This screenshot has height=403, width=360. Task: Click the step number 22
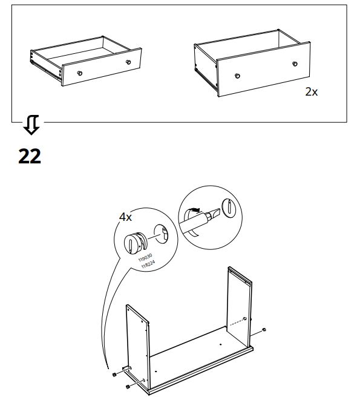(30, 156)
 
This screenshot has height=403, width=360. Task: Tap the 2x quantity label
(311, 92)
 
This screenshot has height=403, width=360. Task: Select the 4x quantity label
(125, 217)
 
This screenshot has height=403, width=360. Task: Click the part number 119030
(145, 257)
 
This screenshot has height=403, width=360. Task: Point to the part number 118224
(148, 264)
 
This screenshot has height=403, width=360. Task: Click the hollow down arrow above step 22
(31, 125)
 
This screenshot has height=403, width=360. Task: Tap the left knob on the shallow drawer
(80, 73)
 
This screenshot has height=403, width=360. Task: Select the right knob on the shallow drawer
(128, 62)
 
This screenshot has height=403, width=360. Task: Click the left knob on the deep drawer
(237, 76)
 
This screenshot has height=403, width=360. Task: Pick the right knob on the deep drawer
(295, 64)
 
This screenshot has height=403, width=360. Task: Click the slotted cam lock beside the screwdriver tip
(229, 207)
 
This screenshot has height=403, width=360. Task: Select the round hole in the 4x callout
(161, 234)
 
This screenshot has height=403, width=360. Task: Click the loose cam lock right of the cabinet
(264, 330)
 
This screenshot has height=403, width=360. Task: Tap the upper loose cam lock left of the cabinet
(114, 375)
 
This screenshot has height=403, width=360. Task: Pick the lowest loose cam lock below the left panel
(127, 387)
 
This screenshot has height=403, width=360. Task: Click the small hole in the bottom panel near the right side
(220, 344)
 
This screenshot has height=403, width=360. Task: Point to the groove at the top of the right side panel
(240, 275)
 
